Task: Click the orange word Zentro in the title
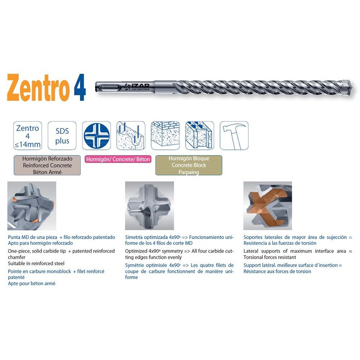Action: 38,88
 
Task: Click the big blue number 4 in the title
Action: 80,87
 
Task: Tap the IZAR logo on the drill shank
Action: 137,86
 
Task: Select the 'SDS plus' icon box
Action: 62,136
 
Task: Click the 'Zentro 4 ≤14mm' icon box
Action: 28,136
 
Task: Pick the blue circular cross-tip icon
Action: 96,136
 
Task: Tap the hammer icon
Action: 234,136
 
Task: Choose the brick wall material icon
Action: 165,136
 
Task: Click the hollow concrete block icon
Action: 200,136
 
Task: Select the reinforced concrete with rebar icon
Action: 131,136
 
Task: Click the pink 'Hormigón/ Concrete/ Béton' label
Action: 118,159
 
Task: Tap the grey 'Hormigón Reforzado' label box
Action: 47,165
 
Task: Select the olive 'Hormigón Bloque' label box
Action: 189,165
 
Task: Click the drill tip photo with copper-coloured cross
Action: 268,206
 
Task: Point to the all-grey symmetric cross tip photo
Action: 149,206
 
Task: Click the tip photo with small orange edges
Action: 32,206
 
